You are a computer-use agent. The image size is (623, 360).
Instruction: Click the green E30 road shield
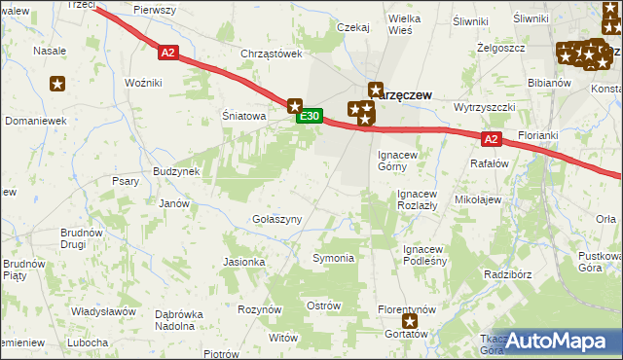[x=310, y=117]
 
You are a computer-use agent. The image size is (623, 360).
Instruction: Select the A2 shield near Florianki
[x=491, y=139]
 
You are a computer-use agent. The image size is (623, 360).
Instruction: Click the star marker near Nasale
[x=58, y=84]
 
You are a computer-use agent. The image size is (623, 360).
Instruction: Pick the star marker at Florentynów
[x=410, y=321]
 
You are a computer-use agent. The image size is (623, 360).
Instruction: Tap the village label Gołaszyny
[x=276, y=220]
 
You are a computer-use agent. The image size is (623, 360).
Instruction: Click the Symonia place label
[x=332, y=258]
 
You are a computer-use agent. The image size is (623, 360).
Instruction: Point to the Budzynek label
[x=176, y=171]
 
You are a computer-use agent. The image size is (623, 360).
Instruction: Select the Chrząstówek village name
[x=273, y=54]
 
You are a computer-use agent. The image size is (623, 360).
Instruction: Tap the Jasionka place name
[x=244, y=262]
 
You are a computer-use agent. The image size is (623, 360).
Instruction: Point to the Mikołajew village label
[x=478, y=199]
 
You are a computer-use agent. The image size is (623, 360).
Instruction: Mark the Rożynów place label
[x=259, y=308]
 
